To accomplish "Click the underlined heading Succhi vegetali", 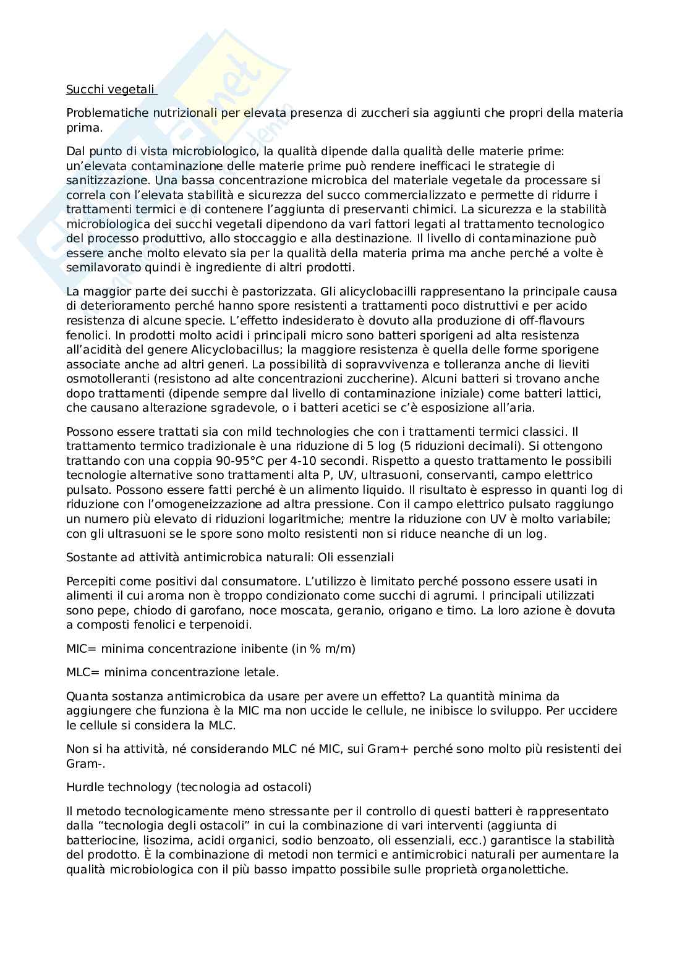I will (111, 90).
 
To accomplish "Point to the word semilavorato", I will (100, 268).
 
